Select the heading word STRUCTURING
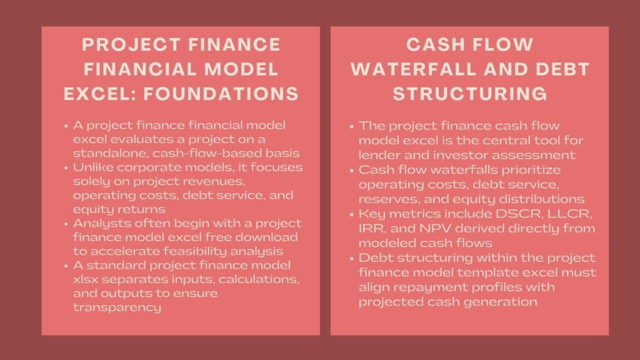pos(470,93)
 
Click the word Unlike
pos(92,168)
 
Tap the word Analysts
pos(97,223)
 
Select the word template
pos(487,272)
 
